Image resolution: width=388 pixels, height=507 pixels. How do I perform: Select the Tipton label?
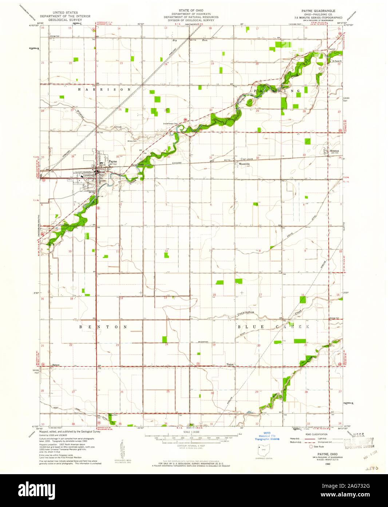pos(230,364)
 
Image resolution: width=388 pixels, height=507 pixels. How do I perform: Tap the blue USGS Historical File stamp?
pos(267,436)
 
